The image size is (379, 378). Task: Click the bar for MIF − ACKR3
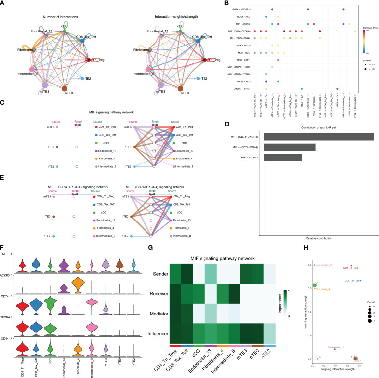click(283, 157)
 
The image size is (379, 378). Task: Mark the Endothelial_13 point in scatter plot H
click(335, 349)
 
